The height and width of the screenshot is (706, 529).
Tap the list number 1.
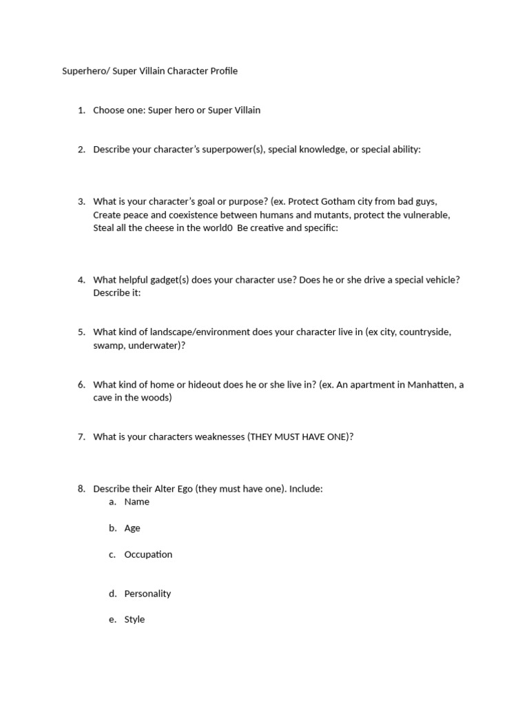pos(81,110)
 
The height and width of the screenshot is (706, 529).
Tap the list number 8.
pos(81,489)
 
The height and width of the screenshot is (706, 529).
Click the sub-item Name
pos(136,502)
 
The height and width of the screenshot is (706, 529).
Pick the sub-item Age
pos(132,528)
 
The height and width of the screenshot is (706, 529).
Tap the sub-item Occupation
pos(148,554)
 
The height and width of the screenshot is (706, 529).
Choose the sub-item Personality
pos(147,594)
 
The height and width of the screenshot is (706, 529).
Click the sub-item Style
pos(134,620)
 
